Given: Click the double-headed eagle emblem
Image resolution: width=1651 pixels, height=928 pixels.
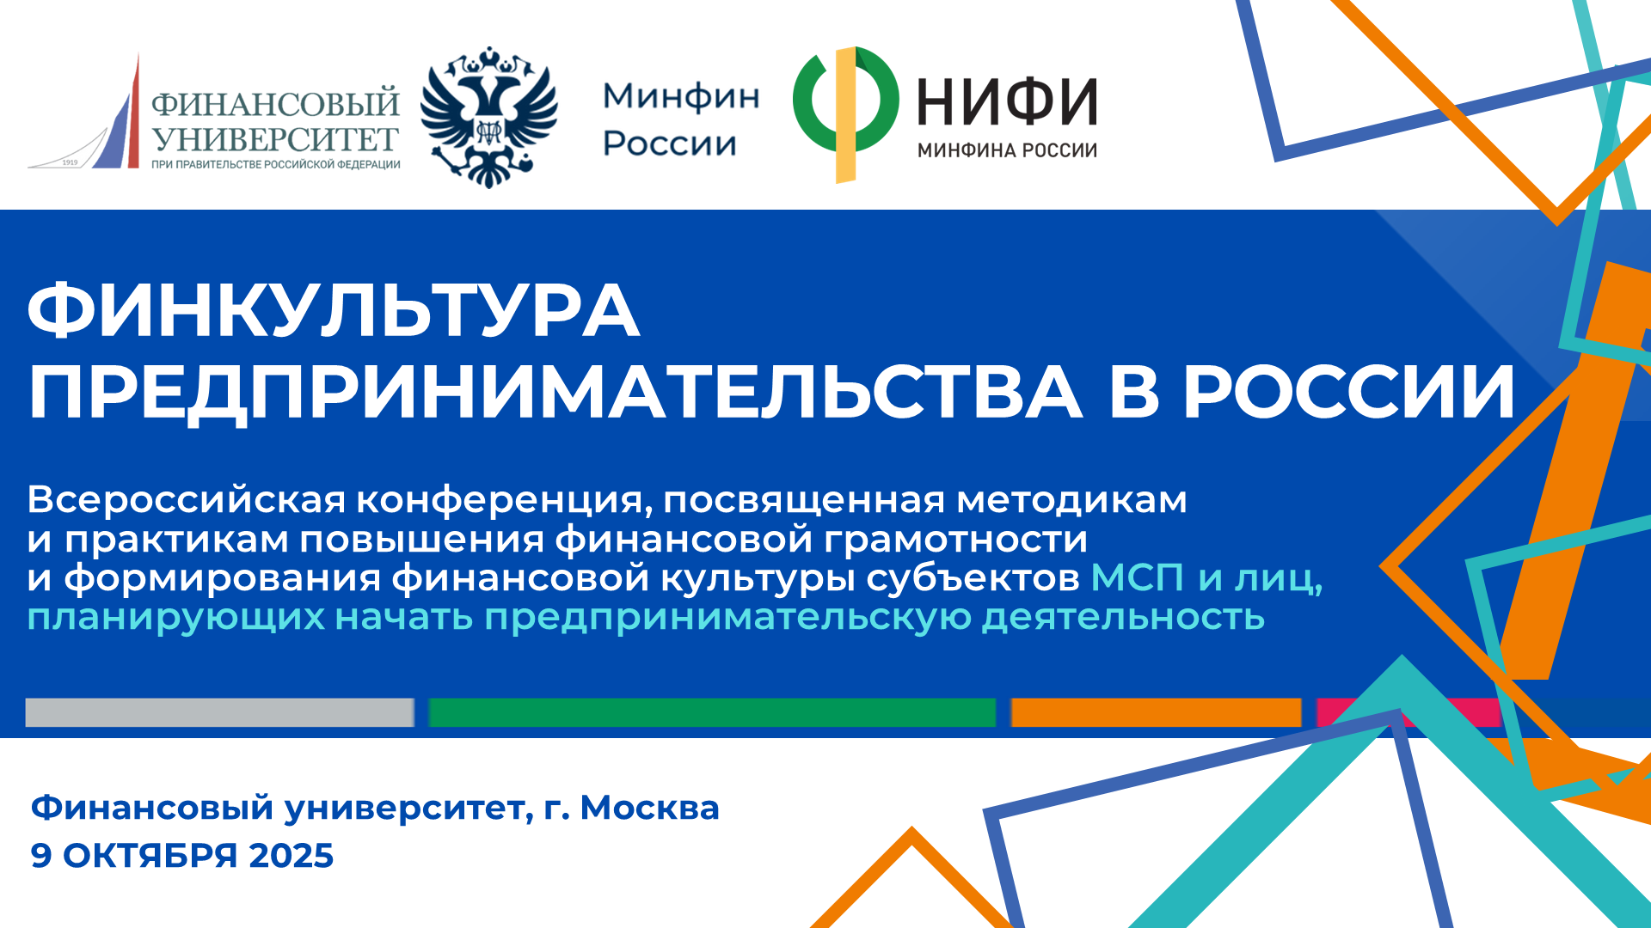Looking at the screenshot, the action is pos(488,117).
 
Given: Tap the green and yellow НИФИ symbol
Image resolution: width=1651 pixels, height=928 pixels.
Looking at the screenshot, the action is pos(846,115).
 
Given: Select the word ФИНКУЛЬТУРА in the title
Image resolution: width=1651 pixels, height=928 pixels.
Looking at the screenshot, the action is pos(334,311).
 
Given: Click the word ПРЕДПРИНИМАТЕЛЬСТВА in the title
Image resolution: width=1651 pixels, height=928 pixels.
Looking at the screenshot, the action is pos(555,392).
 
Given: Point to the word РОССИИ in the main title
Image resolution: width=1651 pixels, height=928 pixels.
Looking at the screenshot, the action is pos(1349,391).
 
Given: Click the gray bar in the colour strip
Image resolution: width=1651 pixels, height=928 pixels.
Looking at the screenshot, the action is pos(219,712).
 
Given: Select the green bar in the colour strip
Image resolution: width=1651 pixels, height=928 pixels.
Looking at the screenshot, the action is pos(712,712).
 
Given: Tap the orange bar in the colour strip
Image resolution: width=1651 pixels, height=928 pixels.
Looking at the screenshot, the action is pos(1156,712).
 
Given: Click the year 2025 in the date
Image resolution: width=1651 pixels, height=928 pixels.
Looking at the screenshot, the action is pos(291,856).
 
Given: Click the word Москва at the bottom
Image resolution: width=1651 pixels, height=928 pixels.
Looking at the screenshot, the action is pos(649,808).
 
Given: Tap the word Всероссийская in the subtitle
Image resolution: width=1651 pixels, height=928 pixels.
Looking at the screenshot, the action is pos(187,500).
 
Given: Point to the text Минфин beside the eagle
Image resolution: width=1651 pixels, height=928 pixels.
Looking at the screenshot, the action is pos(681,96).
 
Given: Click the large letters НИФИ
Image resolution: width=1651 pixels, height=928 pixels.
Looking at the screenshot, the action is pos(1007,101).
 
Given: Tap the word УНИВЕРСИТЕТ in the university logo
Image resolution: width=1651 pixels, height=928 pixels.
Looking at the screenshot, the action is pos(275,139).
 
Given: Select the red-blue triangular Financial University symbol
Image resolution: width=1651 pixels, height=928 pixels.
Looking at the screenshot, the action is pos(84,112).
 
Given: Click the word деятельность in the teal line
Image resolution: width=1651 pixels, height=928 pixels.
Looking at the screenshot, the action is pos(1123,617).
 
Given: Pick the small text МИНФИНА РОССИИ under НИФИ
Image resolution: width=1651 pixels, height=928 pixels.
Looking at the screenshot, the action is pos(1007,150).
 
